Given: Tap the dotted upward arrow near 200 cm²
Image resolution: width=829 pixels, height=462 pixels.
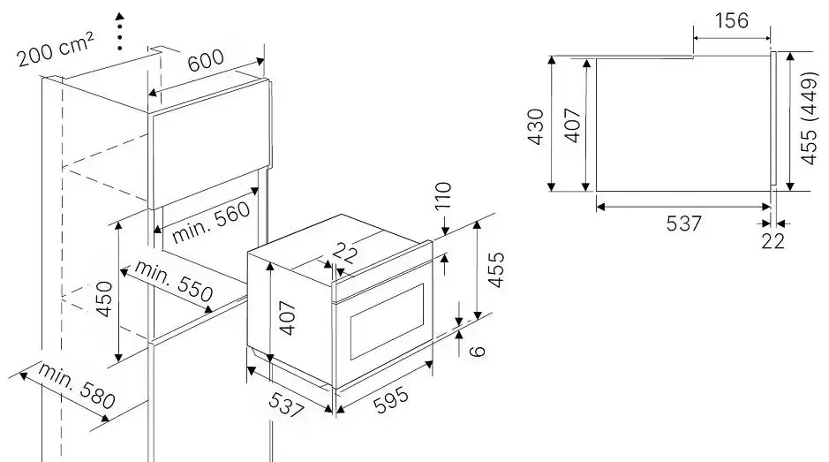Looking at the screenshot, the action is click(x=120, y=31).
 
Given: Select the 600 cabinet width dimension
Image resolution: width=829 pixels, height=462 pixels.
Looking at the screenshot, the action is click(x=206, y=60).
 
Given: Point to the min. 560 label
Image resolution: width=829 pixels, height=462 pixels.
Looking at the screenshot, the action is click(x=211, y=223).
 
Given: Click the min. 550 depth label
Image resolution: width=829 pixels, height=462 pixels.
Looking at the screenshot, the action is click(x=173, y=281).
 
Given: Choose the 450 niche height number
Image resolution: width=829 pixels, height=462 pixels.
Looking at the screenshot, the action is click(x=104, y=299).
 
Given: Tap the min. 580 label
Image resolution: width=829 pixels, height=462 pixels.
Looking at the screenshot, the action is click(x=76, y=386).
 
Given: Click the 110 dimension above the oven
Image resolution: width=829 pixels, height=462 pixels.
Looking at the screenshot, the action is click(x=443, y=196).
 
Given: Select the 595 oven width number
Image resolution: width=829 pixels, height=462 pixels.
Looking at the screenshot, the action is click(x=391, y=400).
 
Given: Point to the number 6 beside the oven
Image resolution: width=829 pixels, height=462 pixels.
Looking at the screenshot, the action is click(x=478, y=351).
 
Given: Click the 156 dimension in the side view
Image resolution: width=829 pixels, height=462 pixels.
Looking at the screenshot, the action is click(x=732, y=20).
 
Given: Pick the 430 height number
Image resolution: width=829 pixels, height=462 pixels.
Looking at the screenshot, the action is click(x=536, y=126).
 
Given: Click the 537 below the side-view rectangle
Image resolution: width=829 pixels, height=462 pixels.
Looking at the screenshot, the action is click(x=683, y=223).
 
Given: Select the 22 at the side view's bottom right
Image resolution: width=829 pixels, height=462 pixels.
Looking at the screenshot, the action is click(x=773, y=241).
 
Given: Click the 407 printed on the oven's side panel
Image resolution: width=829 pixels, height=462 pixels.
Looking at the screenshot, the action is click(x=287, y=317).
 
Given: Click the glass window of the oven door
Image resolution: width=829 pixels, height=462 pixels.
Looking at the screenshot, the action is click(x=388, y=322).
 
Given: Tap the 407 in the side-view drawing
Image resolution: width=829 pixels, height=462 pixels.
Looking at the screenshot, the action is click(x=573, y=125).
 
